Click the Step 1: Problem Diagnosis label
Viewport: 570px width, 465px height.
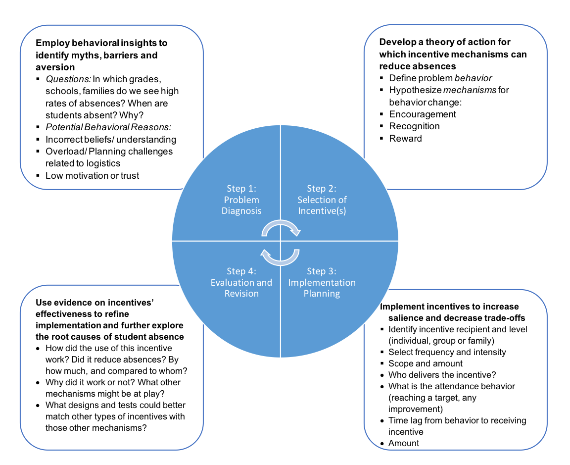(x=241, y=200)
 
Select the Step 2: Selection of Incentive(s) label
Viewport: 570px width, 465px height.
(x=322, y=200)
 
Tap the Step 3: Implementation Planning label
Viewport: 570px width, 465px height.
(x=322, y=282)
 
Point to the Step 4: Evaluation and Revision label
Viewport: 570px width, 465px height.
(x=241, y=282)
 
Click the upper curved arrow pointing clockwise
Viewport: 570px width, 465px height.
(x=281, y=223)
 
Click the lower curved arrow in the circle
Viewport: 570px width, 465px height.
(x=281, y=262)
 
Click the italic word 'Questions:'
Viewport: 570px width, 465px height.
(x=68, y=79)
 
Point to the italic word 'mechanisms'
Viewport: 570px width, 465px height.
(x=470, y=90)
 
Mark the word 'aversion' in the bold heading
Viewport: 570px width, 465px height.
(x=55, y=67)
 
